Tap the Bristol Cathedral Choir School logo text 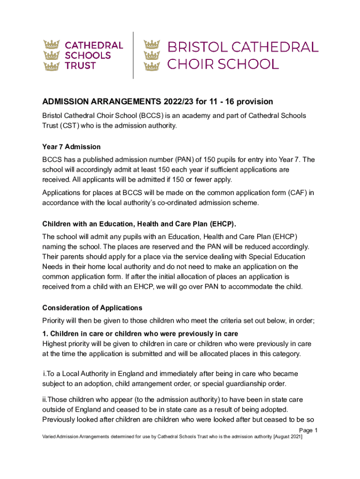pos(243,55)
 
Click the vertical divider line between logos pos(134,55)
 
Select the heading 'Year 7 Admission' pos(72,147)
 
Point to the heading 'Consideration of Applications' pos(92,308)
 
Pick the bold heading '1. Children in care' pos(140,334)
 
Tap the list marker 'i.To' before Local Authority pos(49,374)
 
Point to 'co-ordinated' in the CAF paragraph pos(176,203)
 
